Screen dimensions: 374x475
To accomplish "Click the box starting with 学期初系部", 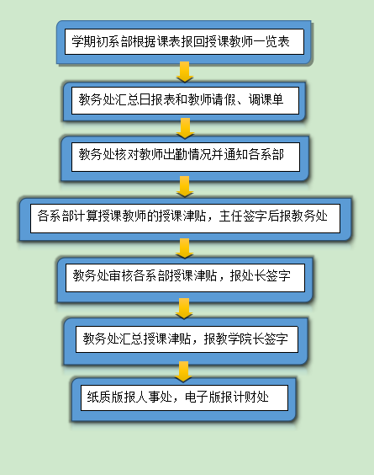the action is coord(184,42).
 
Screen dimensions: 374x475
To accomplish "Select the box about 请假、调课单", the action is coord(185,101).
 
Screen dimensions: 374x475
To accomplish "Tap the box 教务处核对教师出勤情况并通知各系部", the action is coord(185,157).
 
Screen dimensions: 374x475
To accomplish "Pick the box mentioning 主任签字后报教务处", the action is coord(185,219).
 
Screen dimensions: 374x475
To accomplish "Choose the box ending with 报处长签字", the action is coord(185,279).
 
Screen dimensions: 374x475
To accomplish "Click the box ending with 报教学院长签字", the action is coord(186,340).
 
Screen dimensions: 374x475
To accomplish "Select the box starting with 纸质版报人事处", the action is coord(184,399).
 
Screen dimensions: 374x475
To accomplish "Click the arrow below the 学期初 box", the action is coord(185,72).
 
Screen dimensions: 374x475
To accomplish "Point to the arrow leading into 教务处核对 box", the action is coord(185,129).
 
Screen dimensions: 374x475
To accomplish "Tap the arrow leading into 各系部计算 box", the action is coord(184,187).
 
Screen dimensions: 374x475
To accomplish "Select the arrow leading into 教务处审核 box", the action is coord(184,248).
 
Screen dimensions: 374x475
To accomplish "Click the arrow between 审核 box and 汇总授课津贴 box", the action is coord(184,309).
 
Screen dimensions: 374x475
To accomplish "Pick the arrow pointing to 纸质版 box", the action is coord(183,371).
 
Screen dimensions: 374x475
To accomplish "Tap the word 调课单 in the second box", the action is coord(266,99).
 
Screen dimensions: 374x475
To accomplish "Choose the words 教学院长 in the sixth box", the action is coord(240,339).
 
